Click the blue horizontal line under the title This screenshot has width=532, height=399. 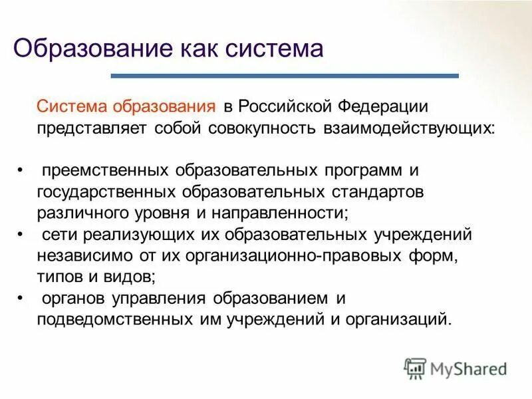coord(285,76)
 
